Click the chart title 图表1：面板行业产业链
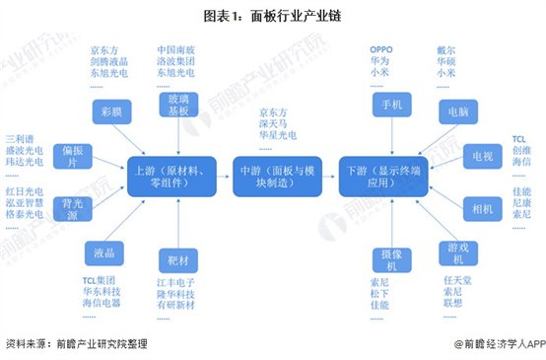pyautogui.click(x=273, y=17)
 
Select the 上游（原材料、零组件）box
pyautogui.click(x=167, y=174)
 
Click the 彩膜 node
pyautogui.click(x=108, y=114)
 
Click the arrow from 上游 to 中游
pyautogui.click(x=222, y=174)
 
